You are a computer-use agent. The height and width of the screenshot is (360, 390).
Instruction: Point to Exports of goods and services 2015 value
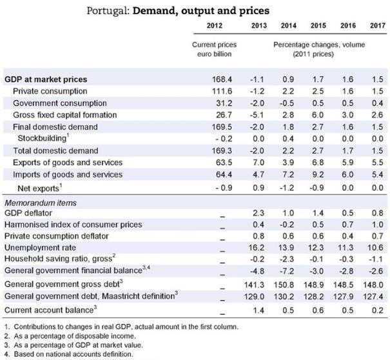click(x=317, y=162)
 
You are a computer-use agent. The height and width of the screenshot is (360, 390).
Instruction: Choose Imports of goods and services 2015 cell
click(x=317, y=174)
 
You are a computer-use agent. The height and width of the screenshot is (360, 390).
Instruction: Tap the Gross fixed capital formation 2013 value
click(x=257, y=115)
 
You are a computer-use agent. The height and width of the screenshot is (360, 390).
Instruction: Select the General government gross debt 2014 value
click(x=288, y=284)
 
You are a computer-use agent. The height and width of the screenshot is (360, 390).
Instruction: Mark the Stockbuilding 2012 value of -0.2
click(x=221, y=138)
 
